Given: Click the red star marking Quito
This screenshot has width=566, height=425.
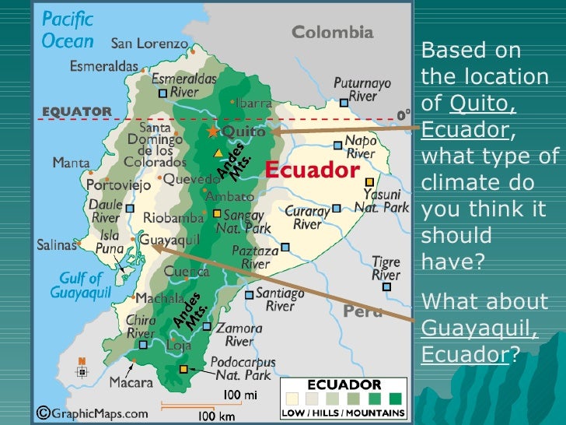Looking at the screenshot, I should click(x=213, y=132).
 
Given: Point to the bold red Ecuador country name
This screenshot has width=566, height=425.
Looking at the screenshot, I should click(x=313, y=170).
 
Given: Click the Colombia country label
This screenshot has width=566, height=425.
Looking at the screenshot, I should click(x=332, y=33).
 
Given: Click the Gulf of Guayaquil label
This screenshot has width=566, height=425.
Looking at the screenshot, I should click(x=77, y=286).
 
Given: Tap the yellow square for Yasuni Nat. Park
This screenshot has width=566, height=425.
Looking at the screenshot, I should click(x=369, y=181).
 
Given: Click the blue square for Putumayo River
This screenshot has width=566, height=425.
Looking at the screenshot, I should click(x=344, y=102).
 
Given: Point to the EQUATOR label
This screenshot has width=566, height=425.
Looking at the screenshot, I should click(x=76, y=111).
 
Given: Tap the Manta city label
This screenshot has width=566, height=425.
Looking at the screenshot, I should click(x=70, y=163).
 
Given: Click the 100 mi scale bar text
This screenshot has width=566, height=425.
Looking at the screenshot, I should click(x=240, y=395).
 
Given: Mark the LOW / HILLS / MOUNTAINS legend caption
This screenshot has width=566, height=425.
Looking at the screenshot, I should click(x=343, y=413).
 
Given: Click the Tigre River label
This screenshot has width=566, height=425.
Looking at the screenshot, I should click(x=386, y=269).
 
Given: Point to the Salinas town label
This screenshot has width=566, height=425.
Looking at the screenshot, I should click(x=58, y=244).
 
